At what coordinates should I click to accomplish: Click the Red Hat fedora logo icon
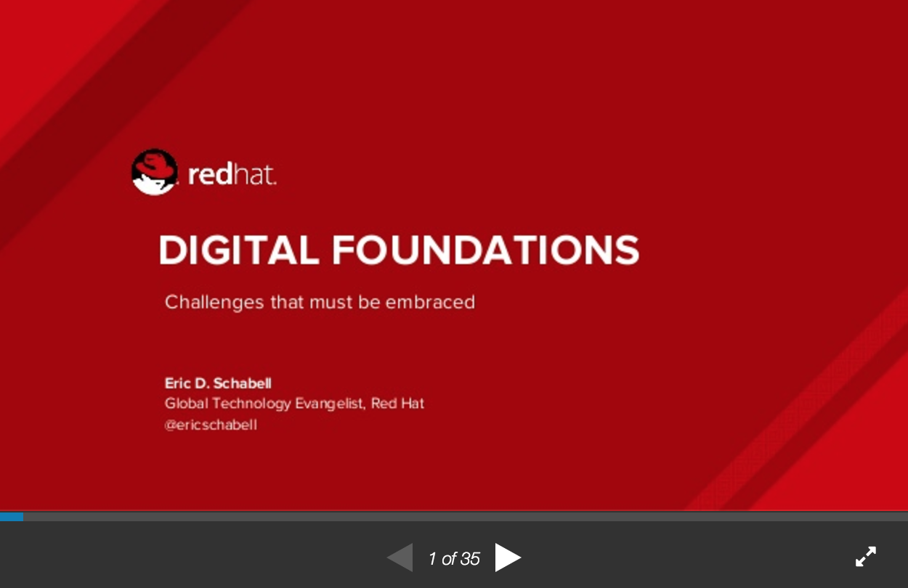[x=155, y=172]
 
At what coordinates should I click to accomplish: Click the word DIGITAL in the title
[x=239, y=250]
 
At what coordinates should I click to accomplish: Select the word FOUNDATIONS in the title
[x=486, y=250]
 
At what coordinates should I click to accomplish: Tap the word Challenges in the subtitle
[x=214, y=303]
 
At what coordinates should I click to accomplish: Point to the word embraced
[x=430, y=302]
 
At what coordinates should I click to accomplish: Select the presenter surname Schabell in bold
[x=243, y=383]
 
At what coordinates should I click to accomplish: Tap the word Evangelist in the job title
[x=331, y=404]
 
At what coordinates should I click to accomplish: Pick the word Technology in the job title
[x=251, y=404]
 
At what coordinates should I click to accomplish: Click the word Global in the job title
[x=187, y=404]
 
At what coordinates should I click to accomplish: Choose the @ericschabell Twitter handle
[x=211, y=425]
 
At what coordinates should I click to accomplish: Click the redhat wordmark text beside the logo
[x=232, y=174]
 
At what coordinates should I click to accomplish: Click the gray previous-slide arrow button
[x=400, y=558]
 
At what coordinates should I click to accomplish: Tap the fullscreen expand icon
[x=866, y=556]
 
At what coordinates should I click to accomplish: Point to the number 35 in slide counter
[x=470, y=559]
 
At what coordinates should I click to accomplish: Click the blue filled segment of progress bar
[x=12, y=517]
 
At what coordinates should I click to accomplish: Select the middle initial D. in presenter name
[x=202, y=383]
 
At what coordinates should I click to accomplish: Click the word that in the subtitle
[x=287, y=302]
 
